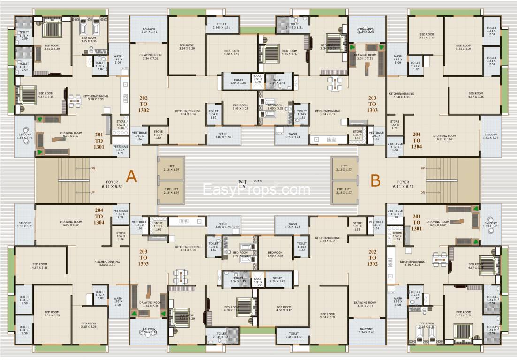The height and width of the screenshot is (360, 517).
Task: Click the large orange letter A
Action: click(x=131, y=176)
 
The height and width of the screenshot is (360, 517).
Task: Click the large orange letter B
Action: click(x=375, y=180)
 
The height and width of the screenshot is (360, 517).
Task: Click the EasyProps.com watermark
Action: click(x=256, y=190)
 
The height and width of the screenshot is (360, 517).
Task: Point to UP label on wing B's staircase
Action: click(x=423, y=168)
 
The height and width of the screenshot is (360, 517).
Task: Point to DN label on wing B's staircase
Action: click(x=423, y=192)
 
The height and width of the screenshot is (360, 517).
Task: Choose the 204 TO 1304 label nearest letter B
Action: click(x=417, y=140)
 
